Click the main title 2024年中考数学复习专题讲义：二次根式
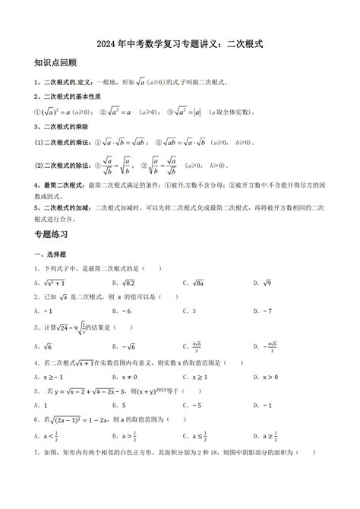[x=180, y=45]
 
